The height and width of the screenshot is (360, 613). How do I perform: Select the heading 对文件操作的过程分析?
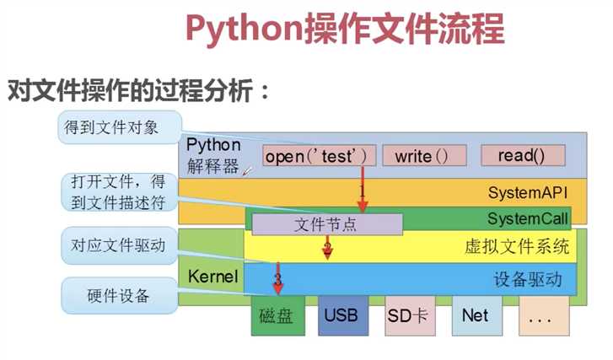point(139,90)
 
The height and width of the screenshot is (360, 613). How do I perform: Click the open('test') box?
point(315,156)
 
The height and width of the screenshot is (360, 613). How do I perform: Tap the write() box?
point(418,156)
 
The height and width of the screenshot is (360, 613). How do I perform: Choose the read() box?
point(520,156)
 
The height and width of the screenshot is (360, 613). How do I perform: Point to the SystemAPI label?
point(527,193)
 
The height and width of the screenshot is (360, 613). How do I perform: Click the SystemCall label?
point(528,219)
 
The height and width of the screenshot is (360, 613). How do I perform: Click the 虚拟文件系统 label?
point(517,248)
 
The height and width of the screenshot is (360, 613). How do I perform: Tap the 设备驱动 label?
point(528,280)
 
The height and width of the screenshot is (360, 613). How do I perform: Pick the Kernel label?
point(213,277)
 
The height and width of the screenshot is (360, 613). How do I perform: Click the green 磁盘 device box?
point(277,316)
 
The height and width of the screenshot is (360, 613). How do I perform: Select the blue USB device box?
point(341,316)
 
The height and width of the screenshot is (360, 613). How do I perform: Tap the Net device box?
point(475,316)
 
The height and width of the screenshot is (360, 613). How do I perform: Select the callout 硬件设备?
point(118,296)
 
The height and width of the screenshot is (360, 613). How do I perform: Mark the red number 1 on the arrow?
point(362,191)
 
